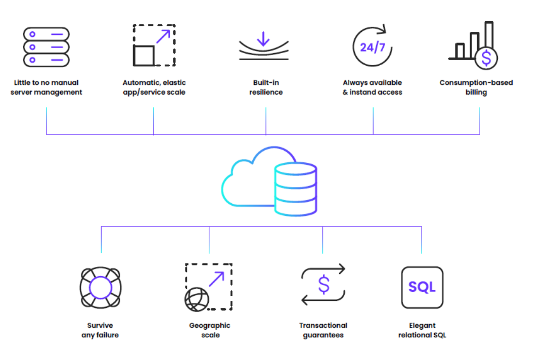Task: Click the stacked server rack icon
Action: pos(46,47)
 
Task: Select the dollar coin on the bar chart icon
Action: pos(486,58)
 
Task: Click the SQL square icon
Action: pos(422,287)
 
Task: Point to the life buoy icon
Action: pos(101,287)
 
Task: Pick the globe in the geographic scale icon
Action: pos(197,299)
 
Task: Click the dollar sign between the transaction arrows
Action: pos(324,285)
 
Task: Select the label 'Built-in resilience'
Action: pos(266,87)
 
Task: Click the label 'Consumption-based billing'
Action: pos(476,87)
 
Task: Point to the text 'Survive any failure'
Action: pos(100,330)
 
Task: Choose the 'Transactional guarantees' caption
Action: pos(323,330)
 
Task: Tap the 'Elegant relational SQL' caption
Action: pos(422,330)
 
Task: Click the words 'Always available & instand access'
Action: pos(373,87)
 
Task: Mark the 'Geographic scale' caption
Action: pos(210,330)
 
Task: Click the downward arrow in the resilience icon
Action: pos(263,38)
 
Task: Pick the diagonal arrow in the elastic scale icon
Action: pos(163,37)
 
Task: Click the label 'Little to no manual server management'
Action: pos(46,87)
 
